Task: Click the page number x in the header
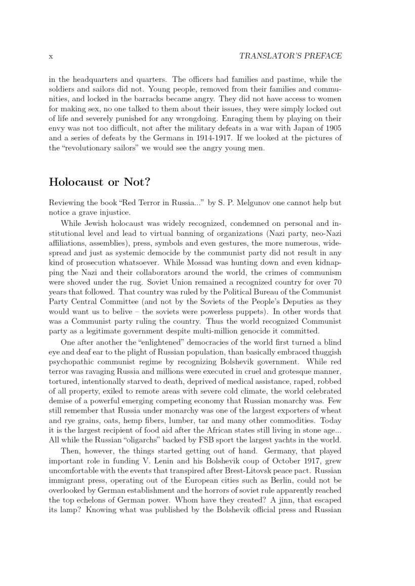(x=51, y=56)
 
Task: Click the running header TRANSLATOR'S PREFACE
(x=290, y=56)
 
